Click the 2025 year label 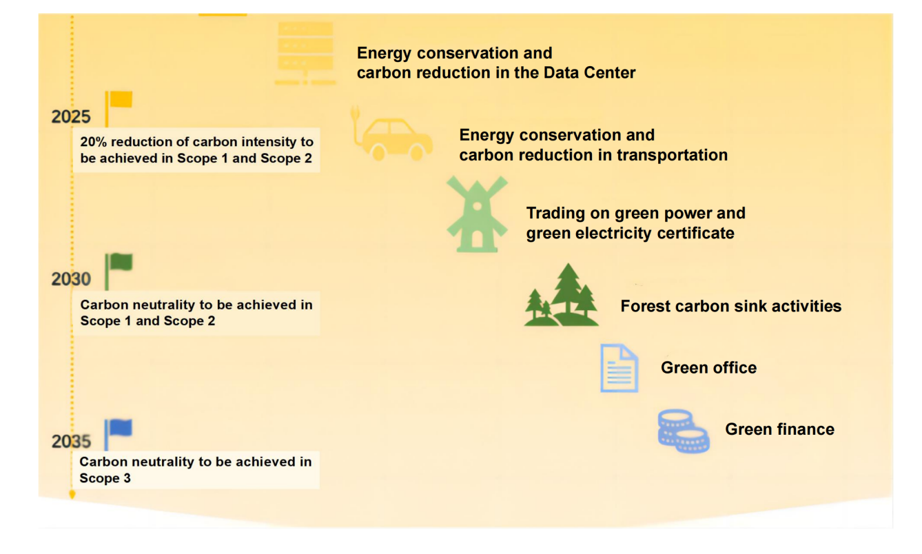(71, 117)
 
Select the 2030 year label (71, 279)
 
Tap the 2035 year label (71, 441)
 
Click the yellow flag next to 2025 (119, 107)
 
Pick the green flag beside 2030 (119, 271)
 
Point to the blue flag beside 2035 (118, 434)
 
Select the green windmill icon (477, 214)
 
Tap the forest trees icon (562, 295)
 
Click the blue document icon (619, 368)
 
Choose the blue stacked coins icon (684, 431)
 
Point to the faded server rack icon (305, 53)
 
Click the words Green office (708, 367)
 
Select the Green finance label (779, 429)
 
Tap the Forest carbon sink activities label (730, 306)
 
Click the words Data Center (589, 73)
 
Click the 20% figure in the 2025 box (94, 141)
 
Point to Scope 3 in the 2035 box (105, 478)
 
